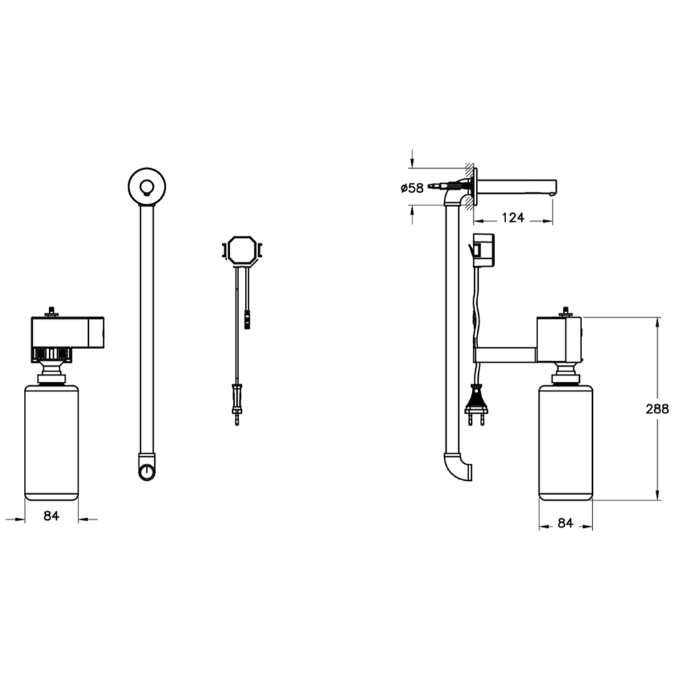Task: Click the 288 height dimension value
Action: (x=657, y=409)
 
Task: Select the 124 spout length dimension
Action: (x=513, y=217)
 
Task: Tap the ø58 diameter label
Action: (x=412, y=189)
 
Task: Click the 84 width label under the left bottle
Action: (x=51, y=516)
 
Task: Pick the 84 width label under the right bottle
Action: (x=566, y=522)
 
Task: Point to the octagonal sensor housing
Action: (x=242, y=250)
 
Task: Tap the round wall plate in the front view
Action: (x=148, y=186)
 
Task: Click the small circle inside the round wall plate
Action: (x=147, y=188)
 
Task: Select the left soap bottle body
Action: (x=51, y=442)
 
